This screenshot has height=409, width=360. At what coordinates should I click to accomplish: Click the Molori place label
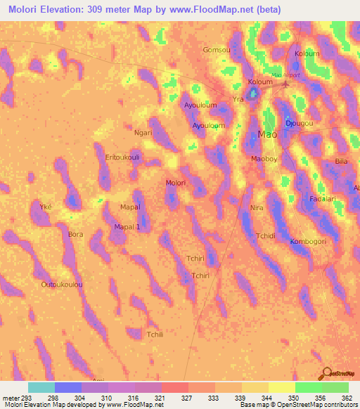pos(175,183)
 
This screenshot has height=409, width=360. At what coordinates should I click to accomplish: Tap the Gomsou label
pos(216,50)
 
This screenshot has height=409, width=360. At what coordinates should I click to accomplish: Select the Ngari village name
pos(143,131)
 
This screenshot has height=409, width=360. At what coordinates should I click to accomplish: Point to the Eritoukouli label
pos(122,157)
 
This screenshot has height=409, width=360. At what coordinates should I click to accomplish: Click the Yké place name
pos(46,207)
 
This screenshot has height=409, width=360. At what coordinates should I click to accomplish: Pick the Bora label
pos(75,234)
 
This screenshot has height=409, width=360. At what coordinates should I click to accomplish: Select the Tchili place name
pos(154,335)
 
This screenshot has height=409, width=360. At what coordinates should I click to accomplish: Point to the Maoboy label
pos(264,159)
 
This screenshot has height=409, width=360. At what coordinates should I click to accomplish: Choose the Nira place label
pos(257,208)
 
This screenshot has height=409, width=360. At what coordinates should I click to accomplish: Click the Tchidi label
pos(266,235)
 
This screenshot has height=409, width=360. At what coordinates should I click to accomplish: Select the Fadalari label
pos(322,199)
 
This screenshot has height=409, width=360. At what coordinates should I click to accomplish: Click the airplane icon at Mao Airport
pos(285,85)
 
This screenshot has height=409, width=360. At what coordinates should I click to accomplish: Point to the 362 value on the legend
pos(346,397)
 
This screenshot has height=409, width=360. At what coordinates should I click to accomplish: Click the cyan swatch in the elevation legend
pos(41,387)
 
